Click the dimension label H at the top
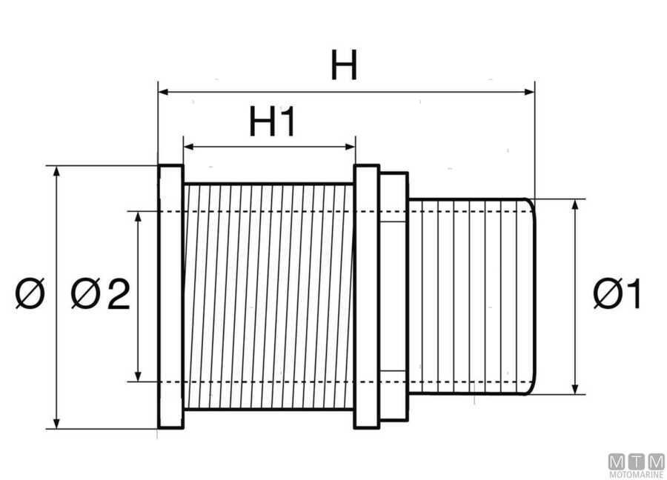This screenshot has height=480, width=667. [x=344, y=67]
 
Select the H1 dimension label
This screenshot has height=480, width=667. [x=272, y=122]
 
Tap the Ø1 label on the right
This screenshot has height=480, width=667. [x=617, y=296]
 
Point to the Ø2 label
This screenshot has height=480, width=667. [x=101, y=296]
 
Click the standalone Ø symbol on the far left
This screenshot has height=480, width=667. [x=30, y=294]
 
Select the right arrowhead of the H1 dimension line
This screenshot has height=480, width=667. [x=351, y=147]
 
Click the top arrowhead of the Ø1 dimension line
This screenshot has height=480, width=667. [x=577, y=204]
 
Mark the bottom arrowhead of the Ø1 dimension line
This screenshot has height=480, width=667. [x=577, y=389]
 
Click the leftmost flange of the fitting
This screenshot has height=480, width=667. [x=171, y=296]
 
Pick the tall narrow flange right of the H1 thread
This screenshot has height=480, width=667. [x=366, y=296]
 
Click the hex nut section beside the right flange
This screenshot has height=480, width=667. [x=393, y=296]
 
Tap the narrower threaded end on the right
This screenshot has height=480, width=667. [x=471, y=296]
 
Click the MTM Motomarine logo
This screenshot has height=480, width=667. [x=636, y=464]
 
